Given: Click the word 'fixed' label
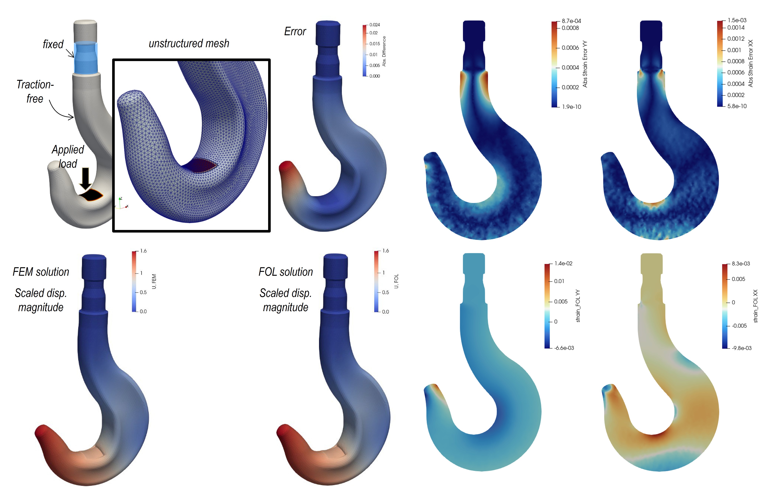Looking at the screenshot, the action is (53, 44).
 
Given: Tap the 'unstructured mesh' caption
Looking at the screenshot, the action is (189, 43).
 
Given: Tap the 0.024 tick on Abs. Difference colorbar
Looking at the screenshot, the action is (374, 25).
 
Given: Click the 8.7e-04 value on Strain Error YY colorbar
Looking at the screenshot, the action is (571, 21).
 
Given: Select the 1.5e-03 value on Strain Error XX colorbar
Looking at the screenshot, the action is (737, 20).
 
